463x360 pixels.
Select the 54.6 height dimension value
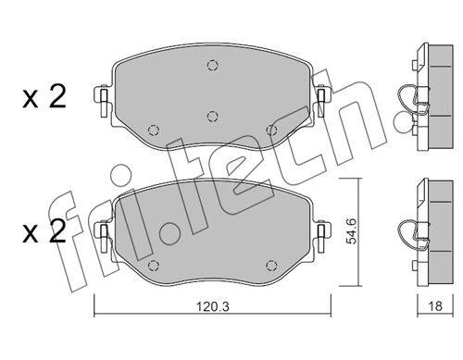point(351,230)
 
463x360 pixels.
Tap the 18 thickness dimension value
point(435,306)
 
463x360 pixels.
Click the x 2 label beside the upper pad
point(44,96)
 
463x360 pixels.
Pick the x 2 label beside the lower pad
point(44,231)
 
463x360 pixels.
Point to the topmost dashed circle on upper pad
point(212,66)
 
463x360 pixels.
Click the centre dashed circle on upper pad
point(212,117)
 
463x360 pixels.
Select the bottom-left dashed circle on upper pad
point(154,130)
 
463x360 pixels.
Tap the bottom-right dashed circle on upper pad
point(271,130)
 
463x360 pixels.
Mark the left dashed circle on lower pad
point(154,266)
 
